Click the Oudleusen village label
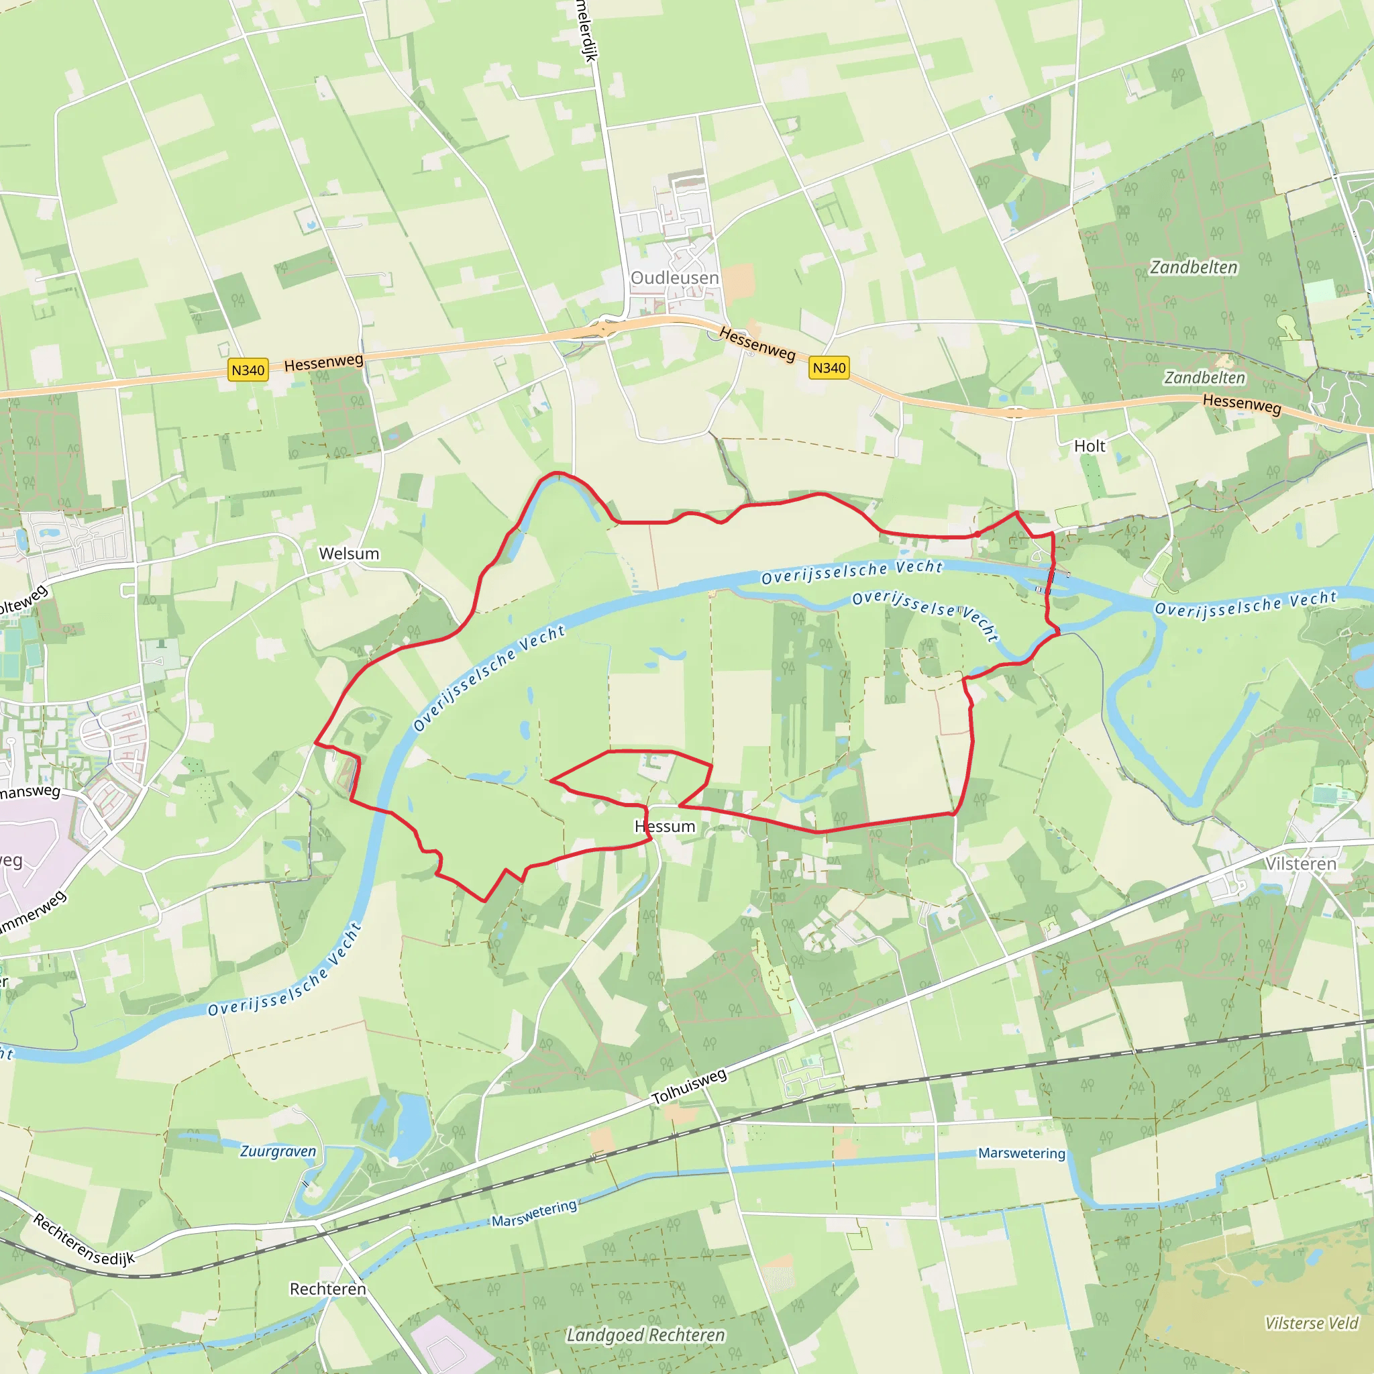tap(674, 277)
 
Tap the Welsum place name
tap(348, 553)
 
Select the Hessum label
tap(664, 827)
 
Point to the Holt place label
tap(1089, 446)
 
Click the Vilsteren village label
tap(1300, 863)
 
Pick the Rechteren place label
tap(327, 1289)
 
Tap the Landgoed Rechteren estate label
tap(645, 1335)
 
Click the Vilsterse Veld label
tap(1311, 1323)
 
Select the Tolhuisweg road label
tap(689, 1087)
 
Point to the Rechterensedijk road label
tap(84, 1240)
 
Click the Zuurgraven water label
tap(277, 1151)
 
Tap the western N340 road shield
tap(248, 370)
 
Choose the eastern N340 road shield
tap(829, 368)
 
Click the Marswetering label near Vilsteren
tap(1021, 1153)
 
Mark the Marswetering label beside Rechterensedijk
tap(533, 1213)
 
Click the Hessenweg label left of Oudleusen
tap(323, 363)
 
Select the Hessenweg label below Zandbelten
tap(1241, 404)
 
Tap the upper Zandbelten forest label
tap(1194, 268)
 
